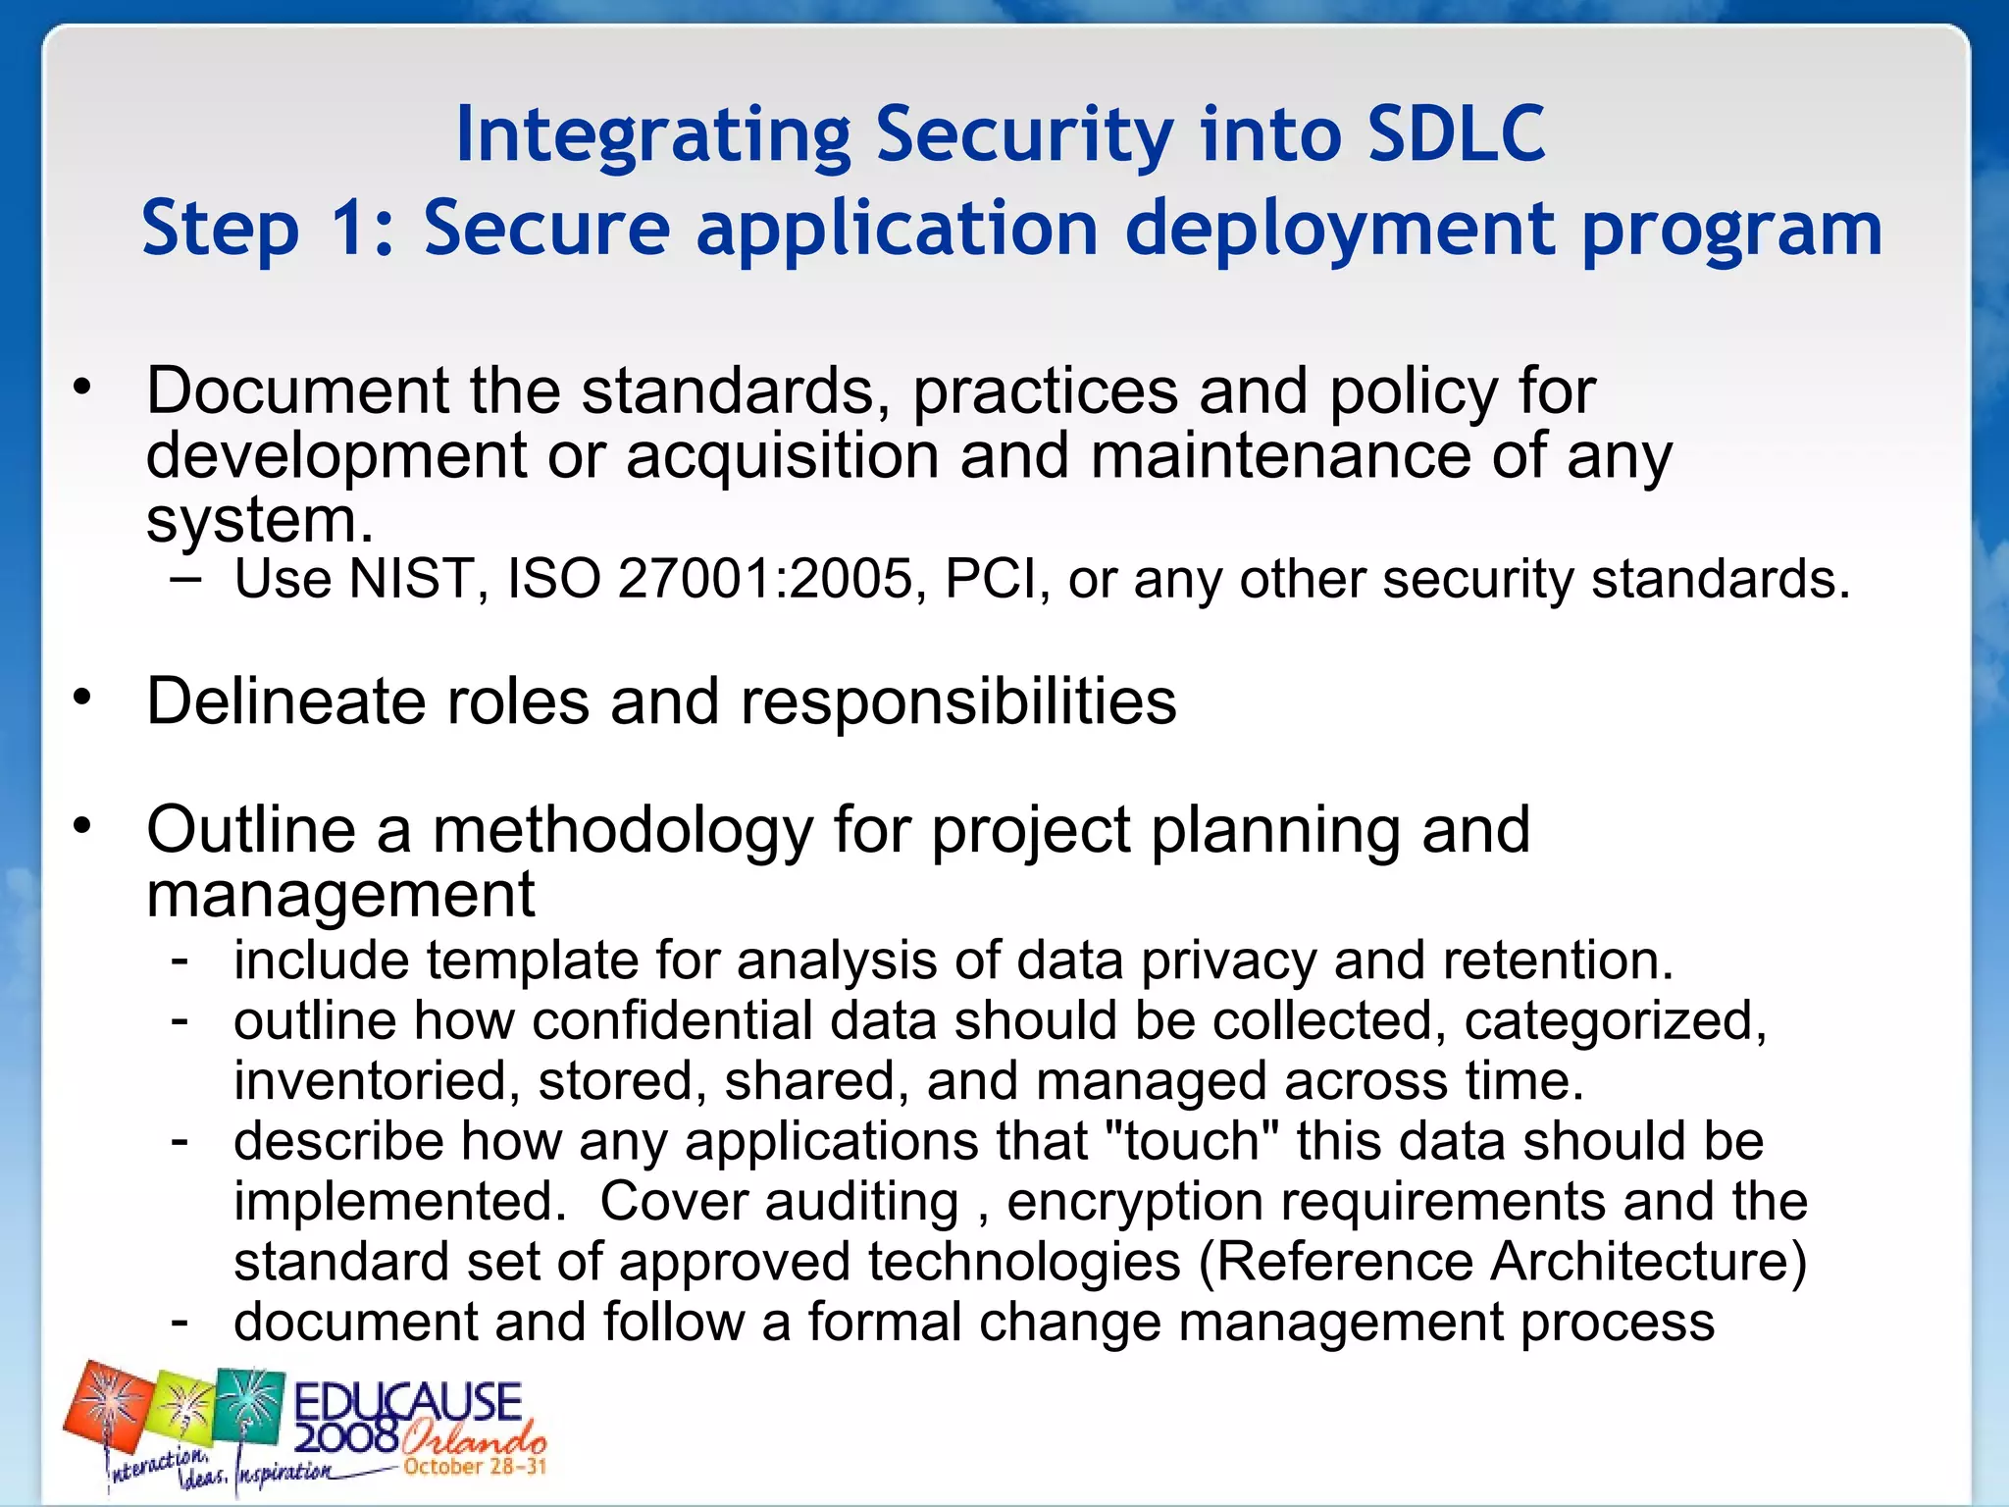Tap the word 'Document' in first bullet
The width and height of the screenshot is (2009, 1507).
point(297,390)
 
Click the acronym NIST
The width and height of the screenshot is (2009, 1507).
point(411,578)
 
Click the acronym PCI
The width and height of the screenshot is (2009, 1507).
point(991,578)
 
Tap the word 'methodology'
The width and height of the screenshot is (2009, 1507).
point(623,830)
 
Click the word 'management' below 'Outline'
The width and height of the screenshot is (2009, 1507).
point(339,895)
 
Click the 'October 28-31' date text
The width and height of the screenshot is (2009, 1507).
point(475,1467)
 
